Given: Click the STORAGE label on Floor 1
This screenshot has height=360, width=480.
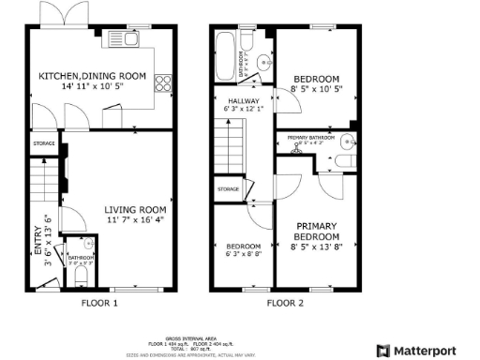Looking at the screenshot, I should [43, 143].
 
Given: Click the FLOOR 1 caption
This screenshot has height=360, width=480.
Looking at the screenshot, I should [99, 304].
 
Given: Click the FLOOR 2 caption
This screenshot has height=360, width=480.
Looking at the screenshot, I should [285, 304].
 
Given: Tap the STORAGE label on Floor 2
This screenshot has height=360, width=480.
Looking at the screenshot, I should [229, 189].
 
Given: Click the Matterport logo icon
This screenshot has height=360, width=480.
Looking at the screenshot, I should [382, 350].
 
